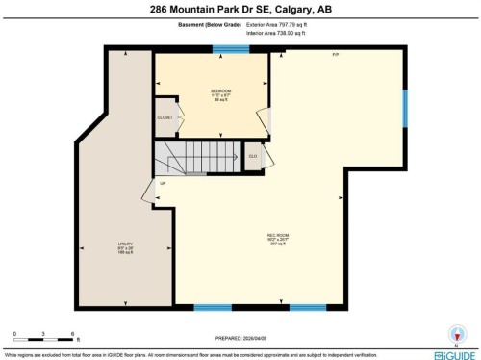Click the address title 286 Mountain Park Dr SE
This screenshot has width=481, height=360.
click(x=240, y=11)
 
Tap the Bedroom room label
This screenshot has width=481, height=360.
click(x=221, y=93)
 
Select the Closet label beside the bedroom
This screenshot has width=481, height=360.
click(x=165, y=117)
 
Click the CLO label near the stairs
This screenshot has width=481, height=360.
click(x=252, y=155)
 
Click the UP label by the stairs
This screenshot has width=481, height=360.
click(x=163, y=183)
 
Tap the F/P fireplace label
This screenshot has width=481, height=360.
click(x=335, y=55)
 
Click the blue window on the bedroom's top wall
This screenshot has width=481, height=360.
click(x=226, y=49)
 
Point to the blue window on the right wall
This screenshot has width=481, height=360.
click(x=405, y=108)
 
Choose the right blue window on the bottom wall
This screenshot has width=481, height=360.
click(x=308, y=308)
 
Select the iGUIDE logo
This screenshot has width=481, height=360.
click(x=451, y=353)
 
